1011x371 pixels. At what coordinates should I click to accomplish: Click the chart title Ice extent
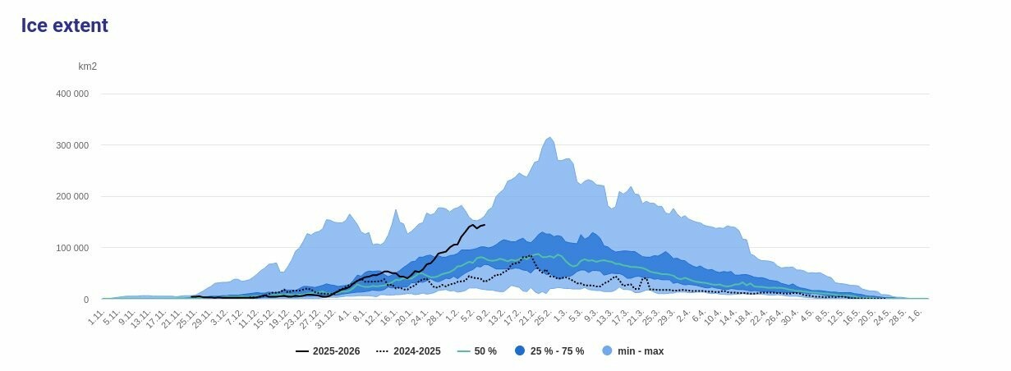click(65, 25)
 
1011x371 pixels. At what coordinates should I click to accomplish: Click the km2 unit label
click(87, 66)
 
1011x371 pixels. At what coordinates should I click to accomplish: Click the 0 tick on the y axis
click(85, 300)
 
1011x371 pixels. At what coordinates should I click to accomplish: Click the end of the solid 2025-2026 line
click(485, 225)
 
